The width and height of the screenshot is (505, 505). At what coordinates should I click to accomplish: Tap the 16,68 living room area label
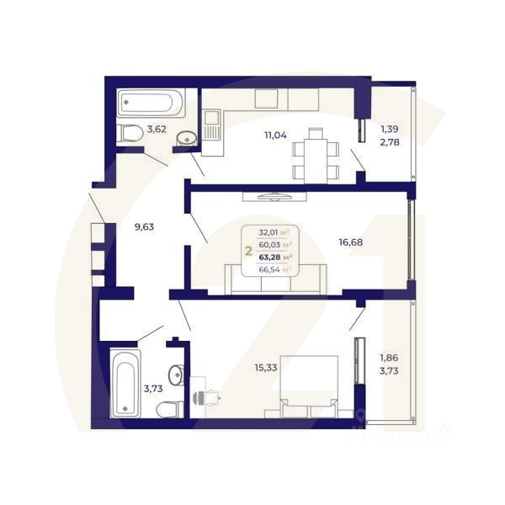coord(351,242)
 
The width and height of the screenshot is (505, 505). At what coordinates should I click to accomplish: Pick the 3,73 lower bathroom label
coord(153,388)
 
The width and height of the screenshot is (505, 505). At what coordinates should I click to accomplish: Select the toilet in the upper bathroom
coord(130,133)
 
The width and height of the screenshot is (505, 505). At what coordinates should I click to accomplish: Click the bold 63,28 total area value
coord(270,257)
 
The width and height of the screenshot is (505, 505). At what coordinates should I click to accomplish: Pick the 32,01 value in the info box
coord(269,232)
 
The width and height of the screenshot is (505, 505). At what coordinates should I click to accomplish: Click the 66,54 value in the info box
coord(269,269)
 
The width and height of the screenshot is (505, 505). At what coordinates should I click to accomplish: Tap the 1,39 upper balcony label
coord(389,129)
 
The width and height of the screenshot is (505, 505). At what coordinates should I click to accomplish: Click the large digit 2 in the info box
coord(247,250)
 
